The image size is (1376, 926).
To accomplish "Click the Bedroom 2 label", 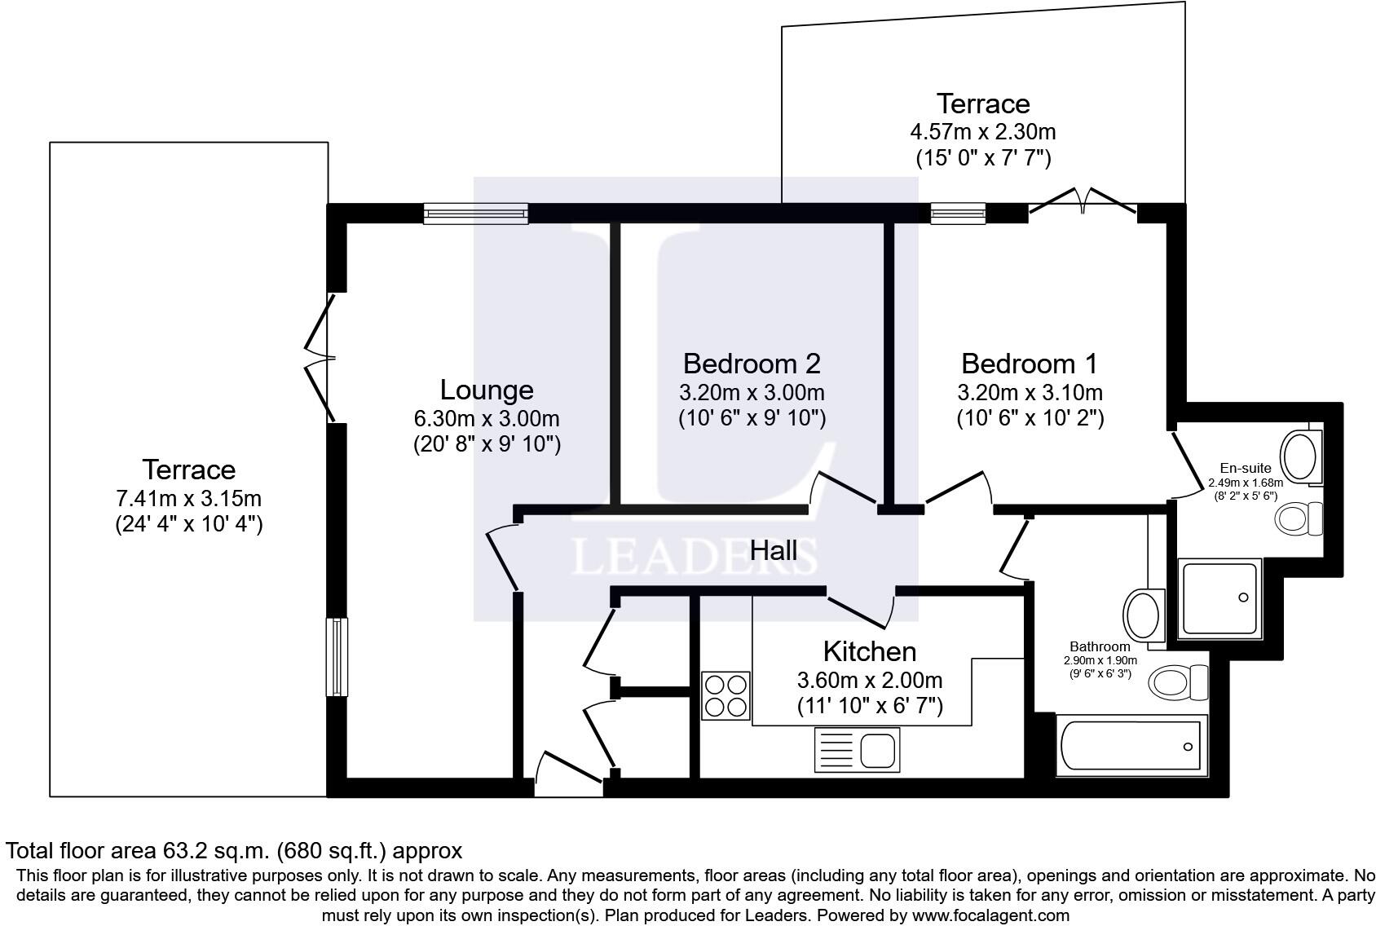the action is point(752,364).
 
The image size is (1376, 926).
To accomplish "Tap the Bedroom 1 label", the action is point(1029,364).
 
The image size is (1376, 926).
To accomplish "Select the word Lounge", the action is point(487,390).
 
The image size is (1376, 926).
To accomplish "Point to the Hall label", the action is point(774,550).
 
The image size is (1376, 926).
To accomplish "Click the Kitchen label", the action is point(869,651).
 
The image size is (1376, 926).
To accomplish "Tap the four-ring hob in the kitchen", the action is point(726,695).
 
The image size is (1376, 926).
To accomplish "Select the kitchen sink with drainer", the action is point(857,750).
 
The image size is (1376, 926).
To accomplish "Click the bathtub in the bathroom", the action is point(1131,745).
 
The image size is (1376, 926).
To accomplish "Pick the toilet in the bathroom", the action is point(1178,682).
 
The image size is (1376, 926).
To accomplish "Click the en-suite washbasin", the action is point(1301,456).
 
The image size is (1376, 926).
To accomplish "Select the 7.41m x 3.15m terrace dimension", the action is point(188,498).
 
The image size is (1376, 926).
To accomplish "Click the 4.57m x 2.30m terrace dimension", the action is point(983,132).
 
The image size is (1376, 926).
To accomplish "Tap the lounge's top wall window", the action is point(476,214).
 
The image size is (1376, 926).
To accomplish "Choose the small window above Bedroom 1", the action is point(959,214).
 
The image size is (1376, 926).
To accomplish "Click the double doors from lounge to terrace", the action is point(321,358).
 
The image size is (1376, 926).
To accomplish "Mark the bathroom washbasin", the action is point(1144,615).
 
